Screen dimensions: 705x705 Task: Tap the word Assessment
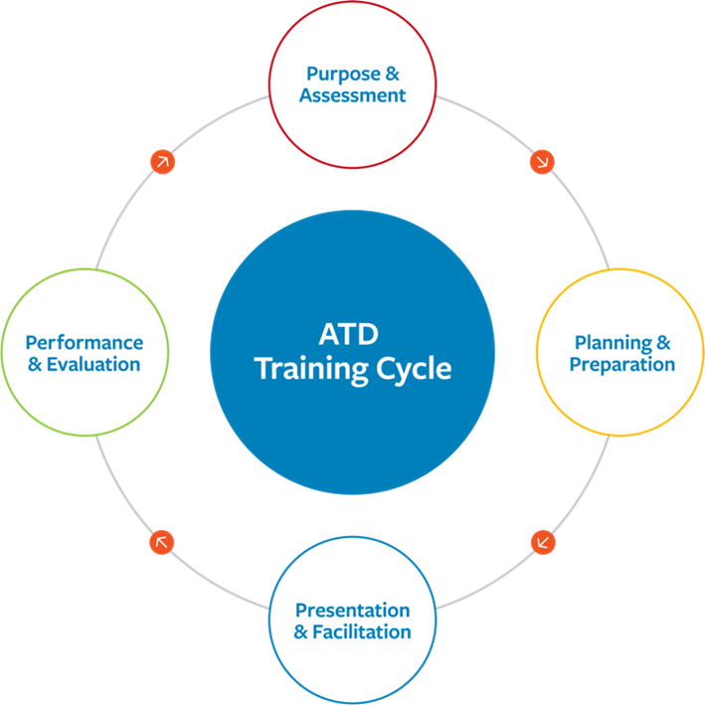[x=353, y=95]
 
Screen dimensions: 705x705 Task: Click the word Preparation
[x=622, y=365]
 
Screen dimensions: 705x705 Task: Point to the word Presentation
[x=353, y=610]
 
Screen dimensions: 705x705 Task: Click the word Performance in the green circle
[x=85, y=342]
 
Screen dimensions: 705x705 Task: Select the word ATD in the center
[x=352, y=332]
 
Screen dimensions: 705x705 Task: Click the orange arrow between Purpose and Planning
[x=543, y=161]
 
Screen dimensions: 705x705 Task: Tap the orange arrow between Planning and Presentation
[x=543, y=543]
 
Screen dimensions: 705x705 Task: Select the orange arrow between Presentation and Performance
[x=161, y=542]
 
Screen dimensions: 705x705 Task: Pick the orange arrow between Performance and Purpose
[x=162, y=161]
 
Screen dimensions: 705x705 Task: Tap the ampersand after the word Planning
[x=662, y=343]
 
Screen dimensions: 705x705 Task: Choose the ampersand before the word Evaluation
[x=36, y=364]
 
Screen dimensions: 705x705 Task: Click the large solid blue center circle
[x=353, y=428]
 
